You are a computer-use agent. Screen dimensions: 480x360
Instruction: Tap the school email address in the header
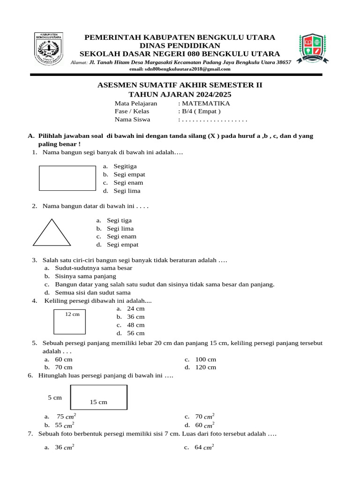180,69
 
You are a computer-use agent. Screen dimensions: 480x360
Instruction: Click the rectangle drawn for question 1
67,178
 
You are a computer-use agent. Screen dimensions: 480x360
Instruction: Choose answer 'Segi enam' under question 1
128,183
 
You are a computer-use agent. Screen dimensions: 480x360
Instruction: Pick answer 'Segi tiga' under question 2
119,220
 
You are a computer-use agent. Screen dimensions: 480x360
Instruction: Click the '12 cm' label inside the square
72,314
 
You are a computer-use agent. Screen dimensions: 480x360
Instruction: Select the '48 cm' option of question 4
136,325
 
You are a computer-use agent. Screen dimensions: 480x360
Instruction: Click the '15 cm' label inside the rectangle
98,402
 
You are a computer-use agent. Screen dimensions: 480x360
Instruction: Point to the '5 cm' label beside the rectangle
55,397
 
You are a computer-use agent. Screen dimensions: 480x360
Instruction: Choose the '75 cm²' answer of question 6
65,416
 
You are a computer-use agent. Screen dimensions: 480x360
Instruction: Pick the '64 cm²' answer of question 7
204,447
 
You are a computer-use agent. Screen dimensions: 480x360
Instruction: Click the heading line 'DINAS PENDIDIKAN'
180,45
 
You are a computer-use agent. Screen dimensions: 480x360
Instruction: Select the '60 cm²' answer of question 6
205,425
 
